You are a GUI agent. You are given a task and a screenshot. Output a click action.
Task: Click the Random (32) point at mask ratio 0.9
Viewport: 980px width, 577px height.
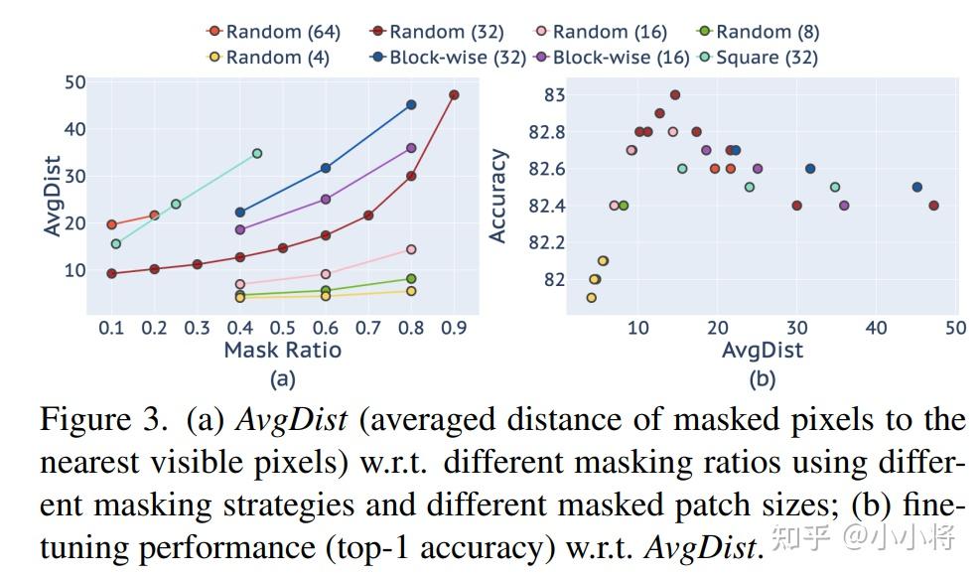pyautogui.click(x=454, y=95)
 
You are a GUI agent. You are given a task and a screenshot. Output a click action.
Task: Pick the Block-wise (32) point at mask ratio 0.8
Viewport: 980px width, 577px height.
pyautogui.click(x=411, y=104)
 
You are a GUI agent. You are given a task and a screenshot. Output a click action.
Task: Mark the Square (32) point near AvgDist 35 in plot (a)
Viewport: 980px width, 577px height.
pyautogui.click(x=257, y=153)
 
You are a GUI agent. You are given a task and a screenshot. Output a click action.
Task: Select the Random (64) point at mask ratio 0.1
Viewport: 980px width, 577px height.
pyautogui.click(x=111, y=224)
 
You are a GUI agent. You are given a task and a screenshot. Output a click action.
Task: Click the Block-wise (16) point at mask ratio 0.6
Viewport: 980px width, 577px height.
pyautogui.click(x=326, y=199)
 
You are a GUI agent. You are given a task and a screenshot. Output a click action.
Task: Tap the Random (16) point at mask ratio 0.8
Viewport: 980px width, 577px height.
pyautogui.click(x=411, y=249)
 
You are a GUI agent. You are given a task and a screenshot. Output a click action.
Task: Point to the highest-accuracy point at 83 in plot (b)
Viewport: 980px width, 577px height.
pyautogui.click(x=675, y=95)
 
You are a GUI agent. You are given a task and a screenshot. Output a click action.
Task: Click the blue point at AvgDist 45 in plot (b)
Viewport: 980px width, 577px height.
pyautogui.click(x=917, y=187)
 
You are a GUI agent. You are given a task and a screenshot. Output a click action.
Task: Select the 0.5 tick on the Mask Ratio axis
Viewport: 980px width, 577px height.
pyautogui.click(x=283, y=327)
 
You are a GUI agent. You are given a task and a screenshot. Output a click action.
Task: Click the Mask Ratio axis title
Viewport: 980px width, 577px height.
pyautogui.click(x=282, y=350)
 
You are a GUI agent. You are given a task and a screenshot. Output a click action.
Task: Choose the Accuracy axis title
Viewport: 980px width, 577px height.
pyautogui.click(x=498, y=196)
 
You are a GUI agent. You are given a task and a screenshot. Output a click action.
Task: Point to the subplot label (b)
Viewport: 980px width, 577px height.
pyautogui.click(x=762, y=378)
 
